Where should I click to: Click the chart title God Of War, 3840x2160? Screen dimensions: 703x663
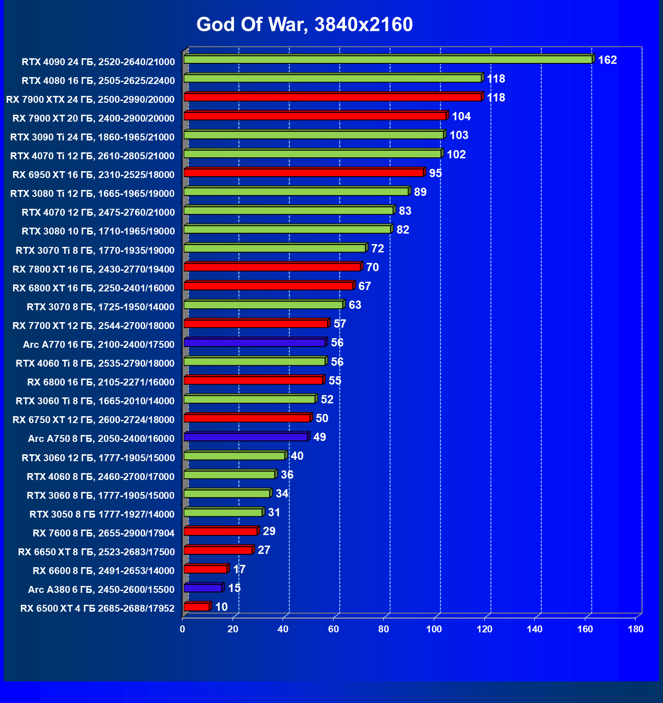[x=305, y=24]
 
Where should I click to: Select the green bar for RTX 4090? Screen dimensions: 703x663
[x=388, y=60]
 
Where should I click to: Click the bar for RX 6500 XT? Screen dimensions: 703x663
[x=197, y=607]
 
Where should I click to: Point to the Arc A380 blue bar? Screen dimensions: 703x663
[x=203, y=588]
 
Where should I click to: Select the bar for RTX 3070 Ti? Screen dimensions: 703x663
[x=275, y=248]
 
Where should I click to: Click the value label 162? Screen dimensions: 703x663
[x=607, y=60]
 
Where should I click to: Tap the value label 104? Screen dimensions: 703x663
[x=461, y=117]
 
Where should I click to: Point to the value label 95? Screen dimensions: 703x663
[x=435, y=173]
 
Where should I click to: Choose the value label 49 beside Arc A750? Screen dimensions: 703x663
[x=319, y=437]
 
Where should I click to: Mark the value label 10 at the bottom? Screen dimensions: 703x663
[x=221, y=607]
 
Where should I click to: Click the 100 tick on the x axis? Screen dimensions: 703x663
[x=434, y=629]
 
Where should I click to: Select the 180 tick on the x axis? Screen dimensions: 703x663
[x=635, y=629]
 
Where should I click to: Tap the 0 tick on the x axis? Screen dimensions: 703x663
[x=183, y=629]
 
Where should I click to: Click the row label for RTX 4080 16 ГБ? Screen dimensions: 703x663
[x=98, y=81]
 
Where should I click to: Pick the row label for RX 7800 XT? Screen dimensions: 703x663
[x=94, y=269]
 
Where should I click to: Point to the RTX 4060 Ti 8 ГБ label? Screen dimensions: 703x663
[x=95, y=363]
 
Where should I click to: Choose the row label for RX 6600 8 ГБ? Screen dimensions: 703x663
[x=104, y=571]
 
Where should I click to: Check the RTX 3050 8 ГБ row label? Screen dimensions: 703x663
[x=102, y=514]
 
